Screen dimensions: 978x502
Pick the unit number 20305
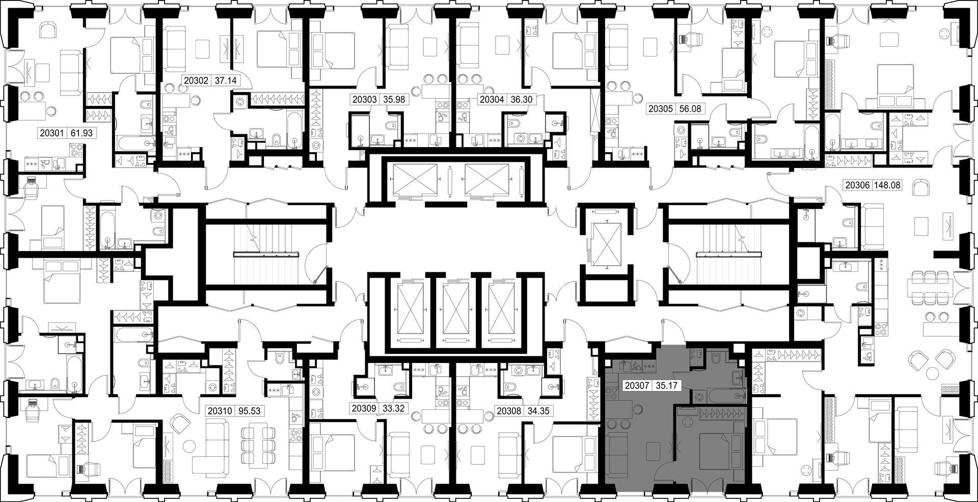tap(659, 108)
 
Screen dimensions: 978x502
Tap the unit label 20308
tap(509, 410)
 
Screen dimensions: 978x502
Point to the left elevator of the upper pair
tap(412, 181)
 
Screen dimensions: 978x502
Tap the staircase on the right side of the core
tap(729, 253)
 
